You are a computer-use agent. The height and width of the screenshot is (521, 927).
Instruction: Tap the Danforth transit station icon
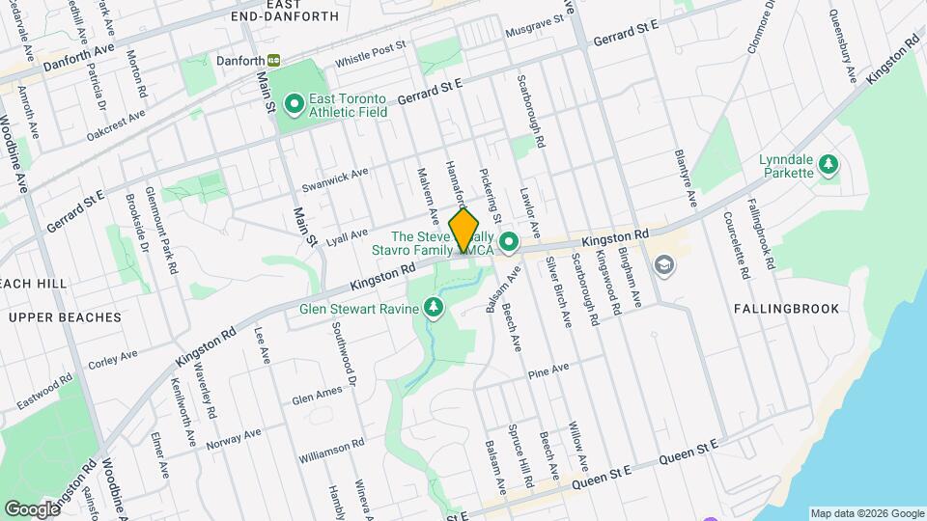point(274,60)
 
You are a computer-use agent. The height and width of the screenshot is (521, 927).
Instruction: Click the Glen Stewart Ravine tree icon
point(434,308)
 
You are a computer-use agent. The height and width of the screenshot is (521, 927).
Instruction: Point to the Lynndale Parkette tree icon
point(828,165)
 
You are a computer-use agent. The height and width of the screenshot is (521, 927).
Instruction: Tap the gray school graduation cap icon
point(664,264)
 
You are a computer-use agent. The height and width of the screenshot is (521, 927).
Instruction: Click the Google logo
point(31,508)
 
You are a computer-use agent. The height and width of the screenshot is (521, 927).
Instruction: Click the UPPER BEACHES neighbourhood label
point(65,317)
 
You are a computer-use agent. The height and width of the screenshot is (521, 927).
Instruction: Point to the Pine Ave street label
point(548,369)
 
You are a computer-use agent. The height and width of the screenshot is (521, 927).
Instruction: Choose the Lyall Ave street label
point(348,234)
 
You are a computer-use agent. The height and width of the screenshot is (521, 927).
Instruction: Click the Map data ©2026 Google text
point(867,513)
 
